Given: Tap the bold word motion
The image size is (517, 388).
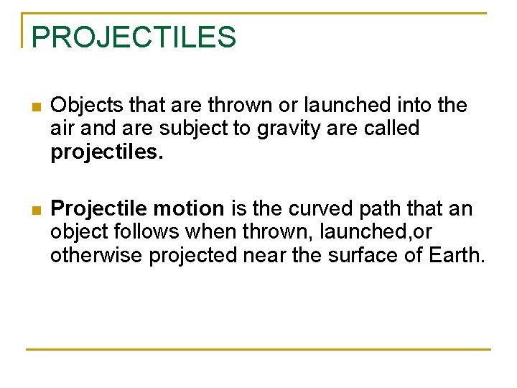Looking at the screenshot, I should pos(192,209).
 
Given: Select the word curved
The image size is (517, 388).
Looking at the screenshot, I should pos(317,209).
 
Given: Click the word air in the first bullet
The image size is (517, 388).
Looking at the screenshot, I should pos(62,129).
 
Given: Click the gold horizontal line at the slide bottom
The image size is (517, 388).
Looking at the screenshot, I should pos(258,349).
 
